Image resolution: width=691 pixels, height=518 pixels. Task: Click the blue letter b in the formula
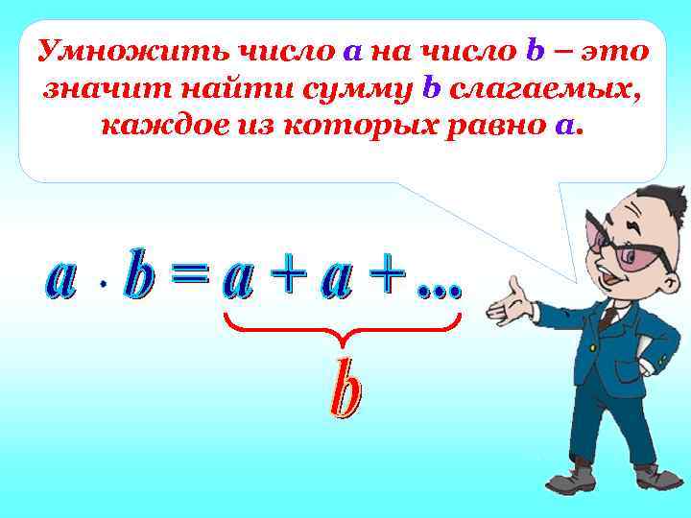141,276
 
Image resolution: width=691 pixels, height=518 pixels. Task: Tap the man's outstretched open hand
508,302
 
